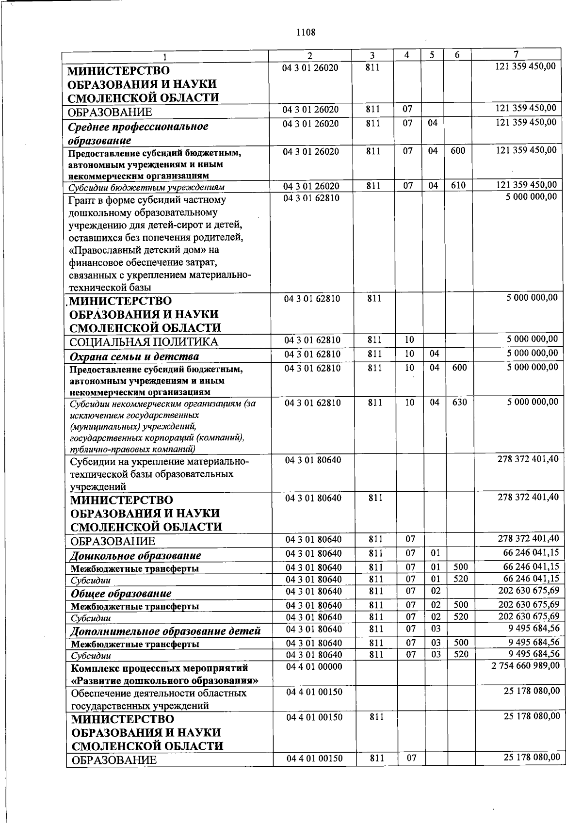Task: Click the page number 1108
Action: pos(306,32)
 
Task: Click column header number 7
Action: pos(516,54)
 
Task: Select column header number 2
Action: pos(310,55)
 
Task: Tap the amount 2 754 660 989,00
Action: pos(525,666)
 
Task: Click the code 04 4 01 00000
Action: pos(314,667)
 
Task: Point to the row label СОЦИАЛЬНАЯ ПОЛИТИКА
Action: pos(144,342)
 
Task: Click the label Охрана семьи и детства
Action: pos(134,356)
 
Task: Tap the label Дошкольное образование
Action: pos(136,555)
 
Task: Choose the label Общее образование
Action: pos(121,594)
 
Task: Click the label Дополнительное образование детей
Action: pos(165,631)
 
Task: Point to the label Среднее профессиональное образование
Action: pos(138,133)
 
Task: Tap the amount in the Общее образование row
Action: pos(529,590)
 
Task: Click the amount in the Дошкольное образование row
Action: pos(531,552)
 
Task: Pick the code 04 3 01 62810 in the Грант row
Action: pos(311,198)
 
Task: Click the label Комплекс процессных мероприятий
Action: pos(159,668)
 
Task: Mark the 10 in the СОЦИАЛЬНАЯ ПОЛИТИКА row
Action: pos(409,339)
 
